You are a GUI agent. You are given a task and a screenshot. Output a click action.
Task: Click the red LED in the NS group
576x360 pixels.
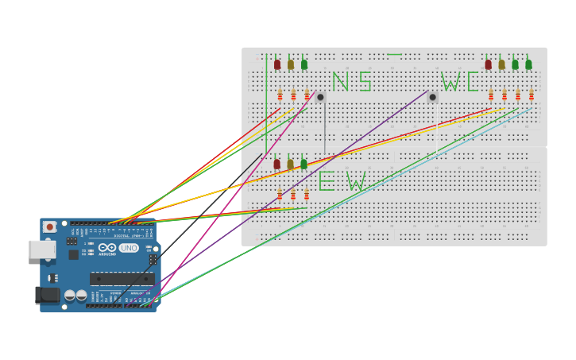[x=277, y=64]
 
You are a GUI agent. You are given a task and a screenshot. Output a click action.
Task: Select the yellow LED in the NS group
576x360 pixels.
[x=291, y=64]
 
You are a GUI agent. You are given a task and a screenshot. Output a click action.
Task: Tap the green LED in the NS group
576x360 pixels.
[x=304, y=64]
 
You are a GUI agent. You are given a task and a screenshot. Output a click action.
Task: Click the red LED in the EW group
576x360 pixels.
[x=277, y=164]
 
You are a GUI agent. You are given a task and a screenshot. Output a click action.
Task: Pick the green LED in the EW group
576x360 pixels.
[x=303, y=164]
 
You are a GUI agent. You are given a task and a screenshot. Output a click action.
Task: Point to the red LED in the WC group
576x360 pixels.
[x=488, y=64]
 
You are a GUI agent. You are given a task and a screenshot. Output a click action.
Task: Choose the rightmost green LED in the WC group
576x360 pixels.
[x=528, y=64]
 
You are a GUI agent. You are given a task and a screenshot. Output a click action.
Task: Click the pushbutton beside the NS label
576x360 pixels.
[x=320, y=97]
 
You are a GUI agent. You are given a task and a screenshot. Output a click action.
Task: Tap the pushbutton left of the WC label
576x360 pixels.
[x=433, y=97]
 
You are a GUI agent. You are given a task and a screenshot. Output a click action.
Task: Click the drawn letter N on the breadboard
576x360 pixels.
[x=340, y=82]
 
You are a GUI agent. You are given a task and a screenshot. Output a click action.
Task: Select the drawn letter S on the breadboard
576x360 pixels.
[x=365, y=82]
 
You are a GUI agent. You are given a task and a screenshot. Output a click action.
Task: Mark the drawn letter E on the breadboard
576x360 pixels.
[x=327, y=181]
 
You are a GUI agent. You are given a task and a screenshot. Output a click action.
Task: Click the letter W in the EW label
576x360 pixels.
[x=356, y=182]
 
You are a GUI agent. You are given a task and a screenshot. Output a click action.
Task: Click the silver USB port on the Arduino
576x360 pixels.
[x=42, y=249]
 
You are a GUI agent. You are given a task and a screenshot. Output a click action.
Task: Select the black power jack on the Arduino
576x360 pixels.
[x=48, y=295]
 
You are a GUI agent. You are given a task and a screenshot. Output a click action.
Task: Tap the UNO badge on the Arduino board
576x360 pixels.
[x=129, y=248]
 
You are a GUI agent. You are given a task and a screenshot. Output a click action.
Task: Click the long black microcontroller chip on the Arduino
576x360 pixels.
[x=122, y=278]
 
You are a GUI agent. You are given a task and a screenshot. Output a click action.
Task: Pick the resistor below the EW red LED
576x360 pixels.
[x=280, y=194]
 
